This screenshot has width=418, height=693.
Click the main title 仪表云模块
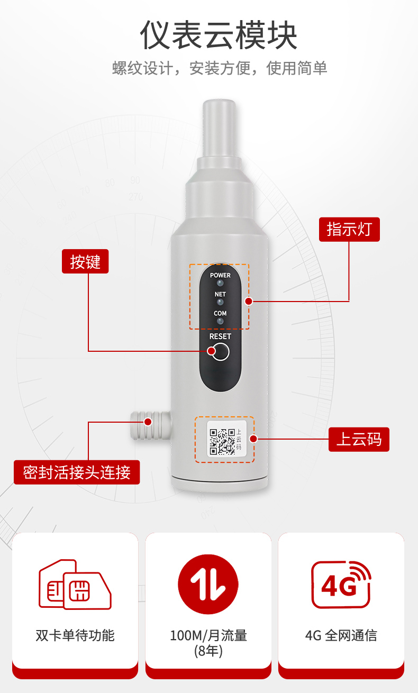[x=219, y=35]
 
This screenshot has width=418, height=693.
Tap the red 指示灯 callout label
[x=349, y=229]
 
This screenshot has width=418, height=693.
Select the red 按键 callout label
[x=85, y=261]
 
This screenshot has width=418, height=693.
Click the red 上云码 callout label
[x=359, y=439]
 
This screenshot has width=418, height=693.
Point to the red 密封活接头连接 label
[x=77, y=472]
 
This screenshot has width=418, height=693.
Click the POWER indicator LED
[x=220, y=283]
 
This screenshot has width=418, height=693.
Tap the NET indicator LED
[x=220, y=302]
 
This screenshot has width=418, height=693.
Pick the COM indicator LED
[x=220, y=321]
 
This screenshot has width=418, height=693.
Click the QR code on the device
[x=222, y=442]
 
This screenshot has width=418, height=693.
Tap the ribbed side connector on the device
[x=150, y=426]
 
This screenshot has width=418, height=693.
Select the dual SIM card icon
[x=75, y=585]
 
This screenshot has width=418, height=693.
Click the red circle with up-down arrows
[x=208, y=584]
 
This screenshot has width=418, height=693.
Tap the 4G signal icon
[x=341, y=585]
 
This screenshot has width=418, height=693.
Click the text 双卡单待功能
[x=75, y=636]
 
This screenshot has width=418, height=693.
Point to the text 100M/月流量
[x=208, y=636]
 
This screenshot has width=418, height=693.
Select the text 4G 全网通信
[x=341, y=636]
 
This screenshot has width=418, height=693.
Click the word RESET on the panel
[x=220, y=336]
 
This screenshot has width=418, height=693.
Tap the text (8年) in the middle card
[x=208, y=651]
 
